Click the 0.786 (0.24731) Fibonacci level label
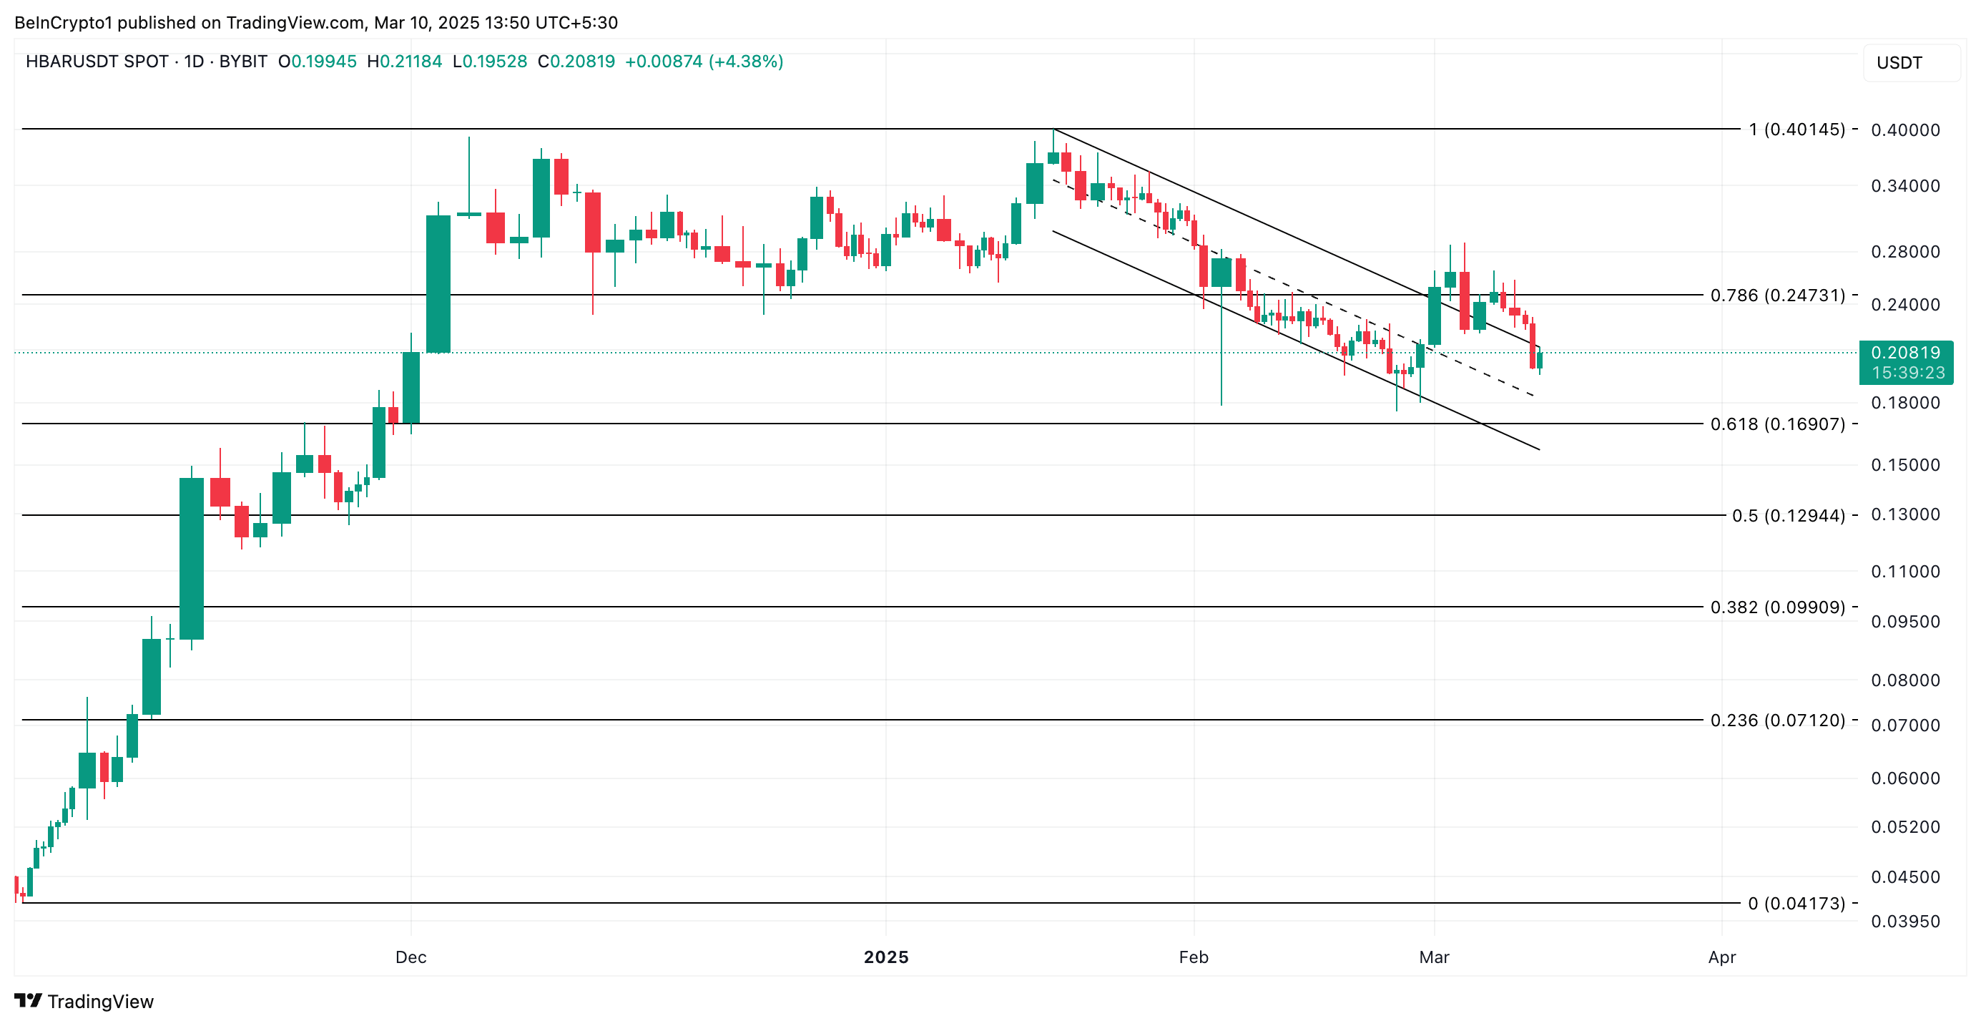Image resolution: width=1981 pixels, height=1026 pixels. pos(1777,295)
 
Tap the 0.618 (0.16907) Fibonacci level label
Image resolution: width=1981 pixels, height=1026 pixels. pos(1777,424)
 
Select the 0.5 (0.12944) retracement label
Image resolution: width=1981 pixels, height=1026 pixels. pos(1788,515)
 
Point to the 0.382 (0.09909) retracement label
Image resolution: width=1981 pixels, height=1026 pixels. pos(1777,607)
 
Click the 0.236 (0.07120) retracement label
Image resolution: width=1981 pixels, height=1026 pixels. pos(1777,720)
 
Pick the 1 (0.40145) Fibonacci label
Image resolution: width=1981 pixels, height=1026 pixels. pos(1796,130)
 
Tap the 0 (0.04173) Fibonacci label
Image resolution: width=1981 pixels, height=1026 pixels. pos(1796,903)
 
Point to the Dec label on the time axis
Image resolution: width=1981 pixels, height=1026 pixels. pos(411,957)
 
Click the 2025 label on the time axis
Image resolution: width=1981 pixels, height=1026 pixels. pos(886,957)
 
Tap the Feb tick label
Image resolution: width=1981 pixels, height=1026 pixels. pos(1194,957)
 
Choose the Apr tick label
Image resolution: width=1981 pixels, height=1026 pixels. pos(1722,957)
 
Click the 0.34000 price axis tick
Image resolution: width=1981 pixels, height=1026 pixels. pos(1905,185)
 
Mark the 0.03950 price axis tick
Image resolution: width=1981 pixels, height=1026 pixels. pos(1905,921)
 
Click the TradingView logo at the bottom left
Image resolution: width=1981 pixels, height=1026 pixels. pos(84,1001)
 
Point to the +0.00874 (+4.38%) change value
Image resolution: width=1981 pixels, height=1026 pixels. pos(704,62)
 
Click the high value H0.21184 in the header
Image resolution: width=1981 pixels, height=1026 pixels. pos(405,62)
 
